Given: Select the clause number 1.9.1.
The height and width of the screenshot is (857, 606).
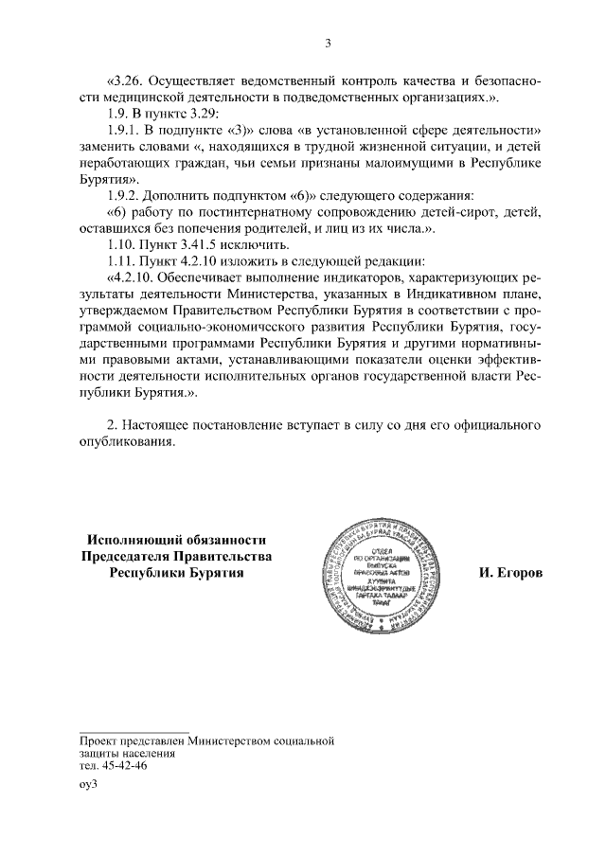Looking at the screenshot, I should (126, 128).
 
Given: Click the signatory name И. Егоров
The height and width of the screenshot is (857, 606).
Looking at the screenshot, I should (511, 574).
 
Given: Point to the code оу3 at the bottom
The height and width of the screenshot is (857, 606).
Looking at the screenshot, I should (89, 786).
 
